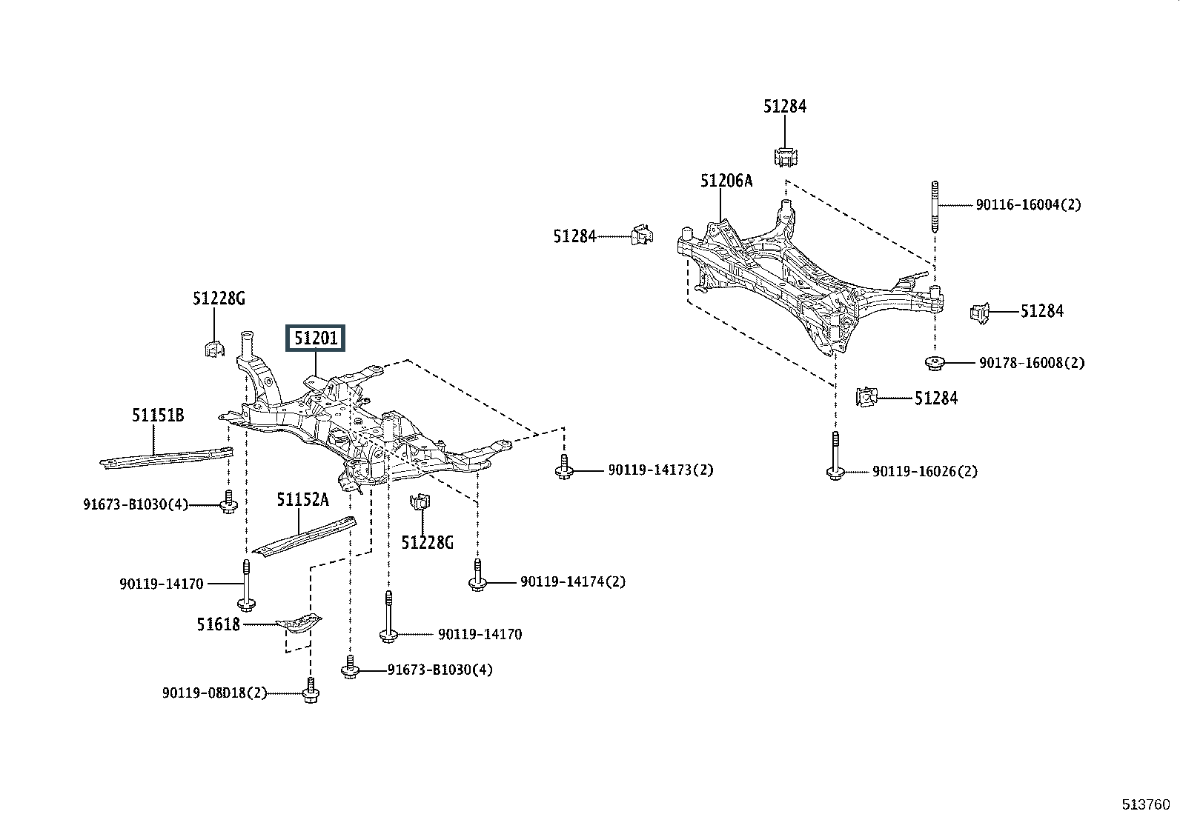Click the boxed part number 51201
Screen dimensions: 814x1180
click(x=316, y=339)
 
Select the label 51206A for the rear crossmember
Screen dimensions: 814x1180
click(x=726, y=180)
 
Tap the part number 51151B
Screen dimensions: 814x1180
click(x=158, y=416)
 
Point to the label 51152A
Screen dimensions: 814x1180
click(x=302, y=500)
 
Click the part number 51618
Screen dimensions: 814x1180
click(x=219, y=624)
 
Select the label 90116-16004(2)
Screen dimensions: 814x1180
click(x=1028, y=204)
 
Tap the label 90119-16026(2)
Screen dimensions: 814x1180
click(x=924, y=471)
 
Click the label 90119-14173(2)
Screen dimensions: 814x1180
click(x=660, y=470)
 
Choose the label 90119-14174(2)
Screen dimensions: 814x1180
click(x=572, y=581)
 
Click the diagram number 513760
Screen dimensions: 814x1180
click(x=1144, y=804)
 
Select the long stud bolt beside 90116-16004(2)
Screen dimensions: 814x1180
click(x=935, y=207)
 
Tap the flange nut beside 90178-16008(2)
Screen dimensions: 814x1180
click(x=935, y=363)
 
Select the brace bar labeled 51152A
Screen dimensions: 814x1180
click(x=305, y=536)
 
